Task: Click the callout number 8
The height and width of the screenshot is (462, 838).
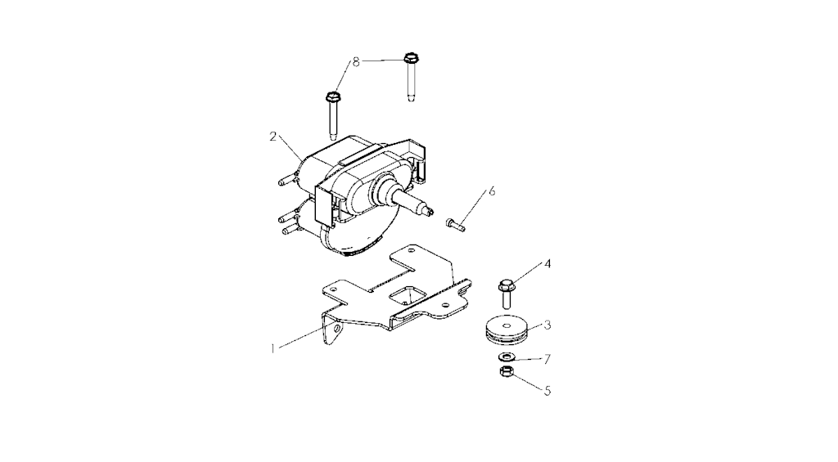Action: click(356, 62)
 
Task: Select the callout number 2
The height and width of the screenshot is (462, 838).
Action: click(273, 137)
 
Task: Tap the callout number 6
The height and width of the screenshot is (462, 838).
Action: click(492, 191)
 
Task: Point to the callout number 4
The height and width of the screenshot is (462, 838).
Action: click(547, 264)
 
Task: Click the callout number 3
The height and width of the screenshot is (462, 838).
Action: click(547, 325)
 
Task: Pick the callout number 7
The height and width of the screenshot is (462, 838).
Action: click(547, 360)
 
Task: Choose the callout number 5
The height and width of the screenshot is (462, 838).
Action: click(547, 391)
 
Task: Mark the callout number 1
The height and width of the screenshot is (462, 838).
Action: click(273, 349)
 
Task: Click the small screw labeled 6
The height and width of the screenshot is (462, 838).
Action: click(455, 224)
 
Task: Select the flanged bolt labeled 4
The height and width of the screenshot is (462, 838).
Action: click(506, 294)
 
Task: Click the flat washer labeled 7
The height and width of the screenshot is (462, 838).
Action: click(504, 356)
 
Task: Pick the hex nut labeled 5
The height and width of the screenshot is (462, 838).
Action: click(506, 372)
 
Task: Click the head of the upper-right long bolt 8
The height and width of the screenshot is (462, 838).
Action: click(410, 57)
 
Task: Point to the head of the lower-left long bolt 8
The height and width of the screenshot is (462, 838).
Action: click(333, 98)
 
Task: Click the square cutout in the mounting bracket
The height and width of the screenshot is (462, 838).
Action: click(408, 294)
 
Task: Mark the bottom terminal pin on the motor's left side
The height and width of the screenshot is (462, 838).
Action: click(289, 229)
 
